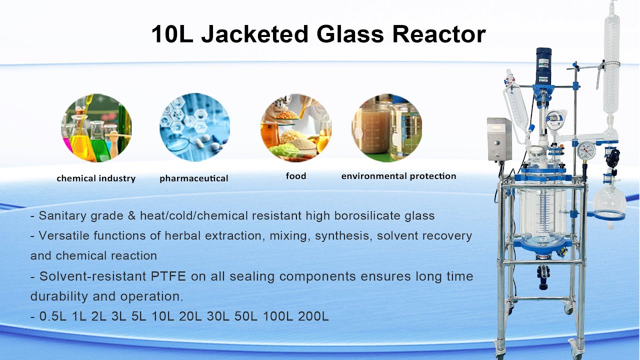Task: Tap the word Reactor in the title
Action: (x=438, y=34)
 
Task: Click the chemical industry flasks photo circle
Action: (x=96, y=127)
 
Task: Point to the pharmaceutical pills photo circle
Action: (x=194, y=127)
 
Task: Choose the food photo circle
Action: (x=295, y=127)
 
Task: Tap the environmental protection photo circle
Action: (x=387, y=127)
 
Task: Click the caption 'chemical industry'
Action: (x=96, y=178)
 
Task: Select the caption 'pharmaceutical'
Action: (x=194, y=178)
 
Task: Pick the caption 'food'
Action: (x=296, y=176)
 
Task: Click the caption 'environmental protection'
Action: (x=398, y=176)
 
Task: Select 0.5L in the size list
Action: (x=53, y=316)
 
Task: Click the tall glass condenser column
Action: (x=611, y=75)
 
